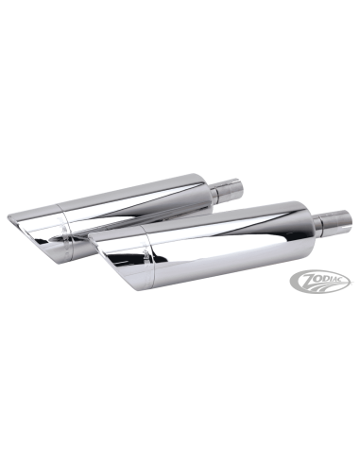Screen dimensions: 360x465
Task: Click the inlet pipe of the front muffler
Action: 333,223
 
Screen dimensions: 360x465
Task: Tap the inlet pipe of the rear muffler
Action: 228,191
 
